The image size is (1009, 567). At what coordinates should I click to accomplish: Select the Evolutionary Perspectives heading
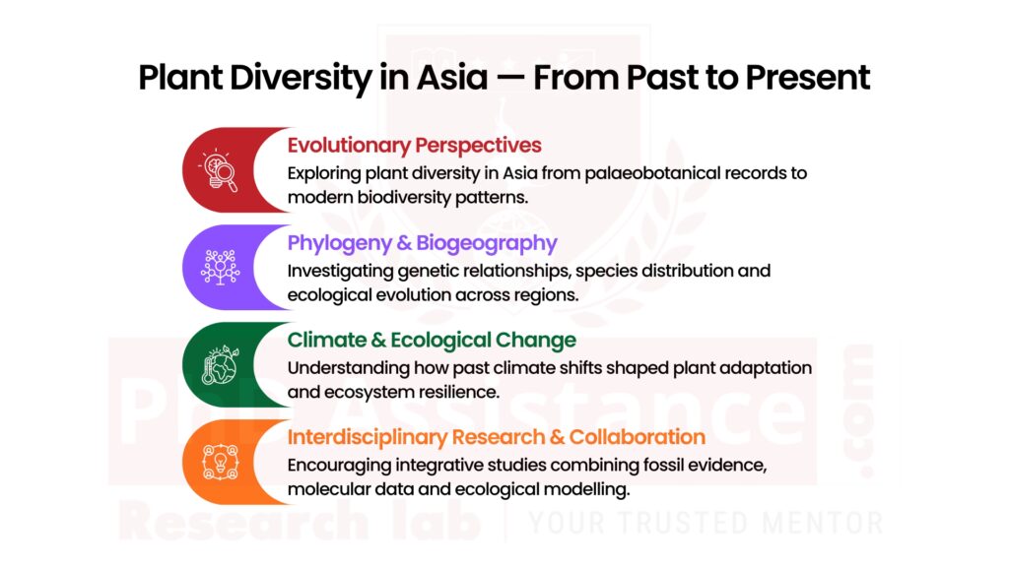point(414,146)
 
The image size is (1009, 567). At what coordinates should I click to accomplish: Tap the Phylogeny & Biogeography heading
point(422,243)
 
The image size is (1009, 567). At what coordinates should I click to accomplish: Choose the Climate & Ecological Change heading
point(432,341)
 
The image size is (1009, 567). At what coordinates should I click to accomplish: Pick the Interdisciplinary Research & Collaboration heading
point(496,437)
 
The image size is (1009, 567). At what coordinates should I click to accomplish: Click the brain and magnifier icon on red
point(219,169)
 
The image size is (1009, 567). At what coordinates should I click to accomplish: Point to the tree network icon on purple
point(219,267)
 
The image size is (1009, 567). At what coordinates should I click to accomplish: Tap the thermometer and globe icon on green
point(219,364)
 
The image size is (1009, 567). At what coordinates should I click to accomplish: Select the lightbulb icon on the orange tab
point(219,462)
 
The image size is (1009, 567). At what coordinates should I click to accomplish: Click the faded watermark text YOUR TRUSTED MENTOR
point(706,523)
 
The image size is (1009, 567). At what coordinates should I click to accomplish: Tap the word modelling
point(587,487)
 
